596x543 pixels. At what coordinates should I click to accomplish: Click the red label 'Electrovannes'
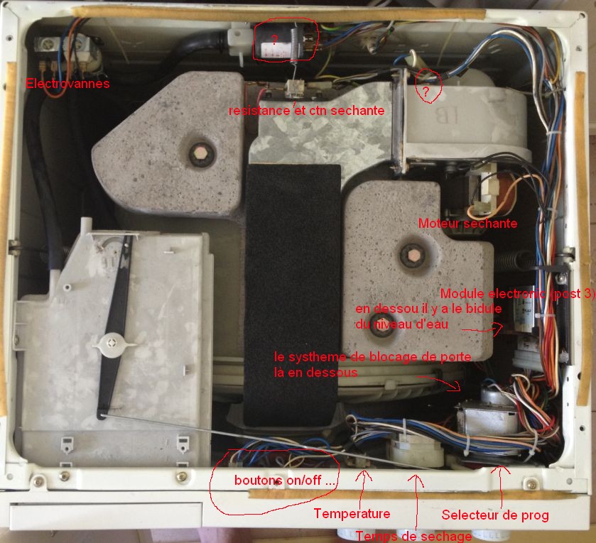tap(67, 84)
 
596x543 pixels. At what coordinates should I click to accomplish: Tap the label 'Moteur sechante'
tap(467, 224)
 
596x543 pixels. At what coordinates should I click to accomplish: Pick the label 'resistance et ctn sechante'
tap(306, 111)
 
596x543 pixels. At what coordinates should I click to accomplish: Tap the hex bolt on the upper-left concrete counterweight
tap(198, 152)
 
